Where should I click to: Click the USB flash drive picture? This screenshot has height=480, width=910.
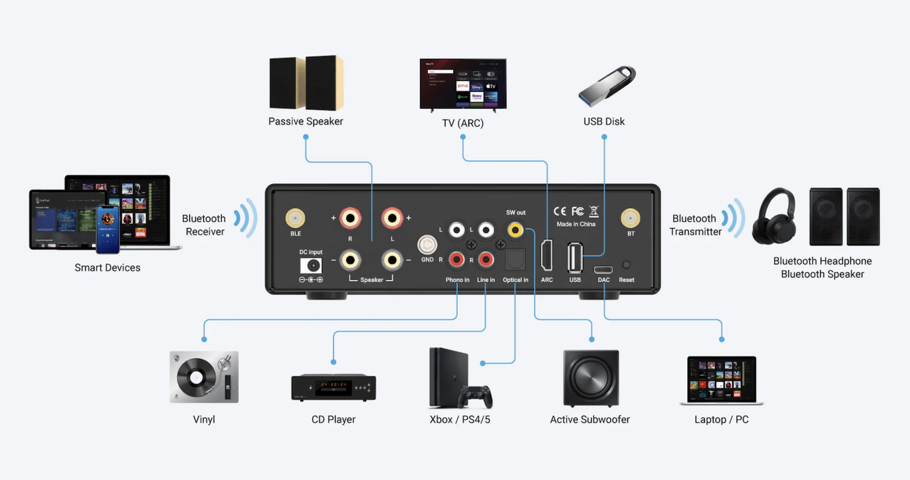point(606,86)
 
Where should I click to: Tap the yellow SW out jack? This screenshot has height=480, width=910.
point(515,230)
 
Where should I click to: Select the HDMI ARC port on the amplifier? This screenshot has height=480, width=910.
point(547,255)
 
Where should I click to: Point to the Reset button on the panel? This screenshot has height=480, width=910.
point(626,264)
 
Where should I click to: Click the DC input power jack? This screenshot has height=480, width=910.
point(311,266)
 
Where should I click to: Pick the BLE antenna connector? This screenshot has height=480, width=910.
point(295,218)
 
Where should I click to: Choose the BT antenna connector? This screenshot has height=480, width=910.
point(630,218)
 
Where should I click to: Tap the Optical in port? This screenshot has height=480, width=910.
point(515,259)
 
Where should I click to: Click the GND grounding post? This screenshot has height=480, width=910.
point(427,245)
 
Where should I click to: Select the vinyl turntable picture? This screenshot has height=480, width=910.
point(204,377)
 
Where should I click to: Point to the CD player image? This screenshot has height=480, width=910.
point(333,388)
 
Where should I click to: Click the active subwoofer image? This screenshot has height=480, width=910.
point(591,378)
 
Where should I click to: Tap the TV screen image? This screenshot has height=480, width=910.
point(463,84)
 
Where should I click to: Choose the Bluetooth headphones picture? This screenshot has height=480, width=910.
point(774,217)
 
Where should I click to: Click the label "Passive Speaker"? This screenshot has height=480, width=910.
point(305,121)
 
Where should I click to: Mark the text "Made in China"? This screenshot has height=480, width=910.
point(576,224)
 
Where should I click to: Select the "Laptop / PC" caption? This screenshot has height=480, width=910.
point(721,420)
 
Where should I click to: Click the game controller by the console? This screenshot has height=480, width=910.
point(477,396)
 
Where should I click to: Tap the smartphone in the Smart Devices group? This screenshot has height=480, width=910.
point(107,229)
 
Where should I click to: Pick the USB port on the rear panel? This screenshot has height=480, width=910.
point(574,258)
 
